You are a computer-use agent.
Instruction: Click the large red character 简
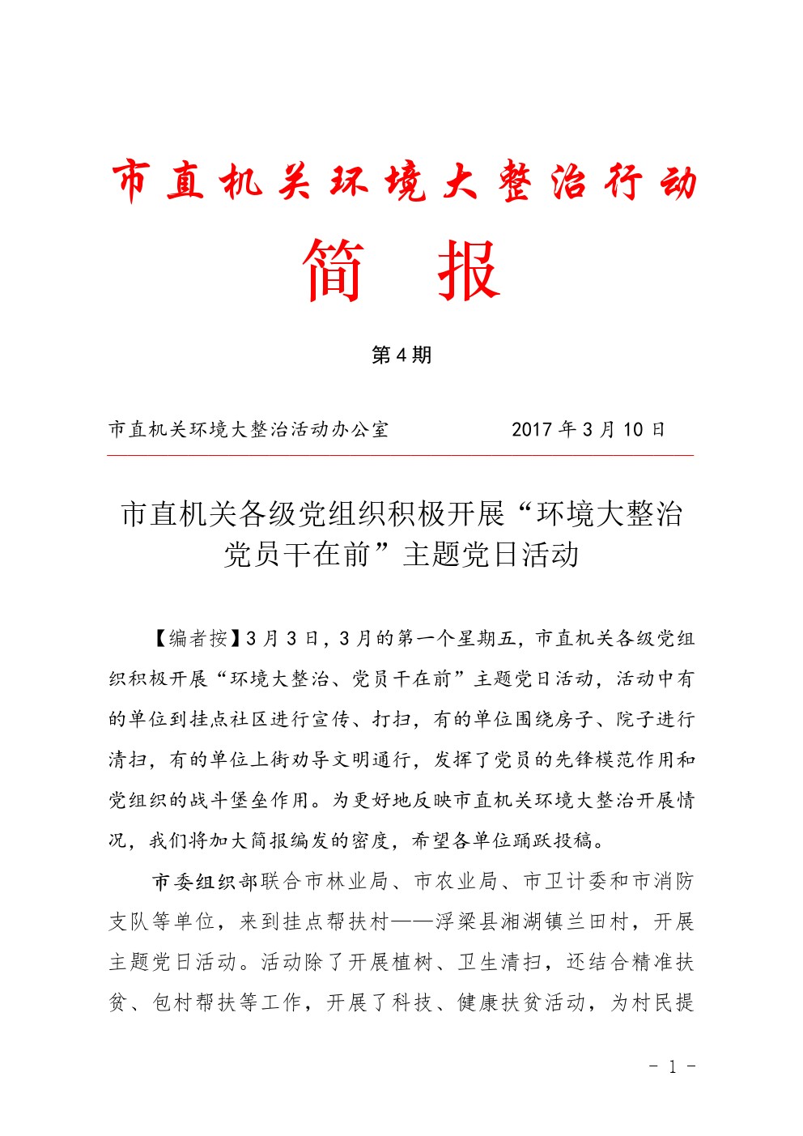tap(333, 270)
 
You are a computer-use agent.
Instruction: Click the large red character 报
tap(469, 270)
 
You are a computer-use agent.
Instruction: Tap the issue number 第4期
tap(401, 355)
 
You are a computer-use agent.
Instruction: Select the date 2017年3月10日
tap(588, 429)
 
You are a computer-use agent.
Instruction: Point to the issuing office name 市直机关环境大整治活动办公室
tap(249, 429)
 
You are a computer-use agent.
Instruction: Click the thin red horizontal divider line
tap(401, 456)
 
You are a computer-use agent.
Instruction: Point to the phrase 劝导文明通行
tap(351, 759)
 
